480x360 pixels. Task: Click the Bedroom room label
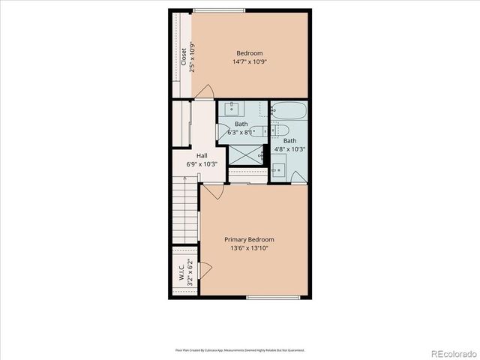click(250, 52)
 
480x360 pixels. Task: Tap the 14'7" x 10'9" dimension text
click(250, 61)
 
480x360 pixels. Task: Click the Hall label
click(202, 156)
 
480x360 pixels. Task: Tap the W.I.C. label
click(181, 272)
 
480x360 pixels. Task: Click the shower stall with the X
click(245, 154)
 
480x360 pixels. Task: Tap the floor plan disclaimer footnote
click(240, 349)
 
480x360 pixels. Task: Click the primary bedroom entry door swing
click(213, 191)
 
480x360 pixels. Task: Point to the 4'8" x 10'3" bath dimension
click(290, 148)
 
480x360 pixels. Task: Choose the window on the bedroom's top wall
click(218, 10)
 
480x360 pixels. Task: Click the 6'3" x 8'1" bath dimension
click(241, 132)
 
